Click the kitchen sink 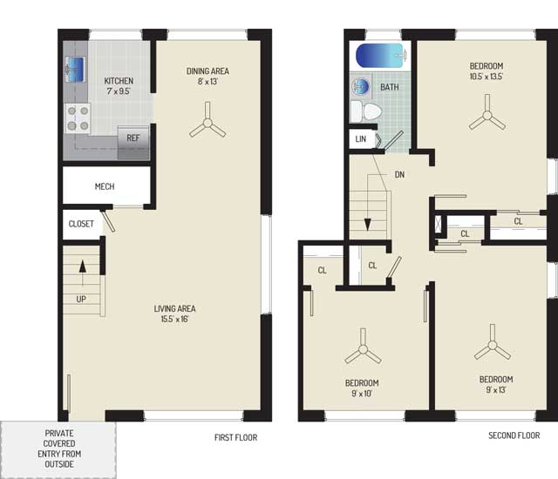pos(75,70)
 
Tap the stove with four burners pos(78,118)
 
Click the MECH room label pos(105,186)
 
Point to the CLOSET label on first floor pos(81,224)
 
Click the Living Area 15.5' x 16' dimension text pos(174,319)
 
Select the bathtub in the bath pos(381,56)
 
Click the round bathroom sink pos(361,86)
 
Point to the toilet pos(366,111)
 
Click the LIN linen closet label pos(360,139)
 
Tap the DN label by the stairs pos(399,174)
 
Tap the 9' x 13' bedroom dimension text pos(496,390)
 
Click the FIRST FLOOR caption pos(235,437)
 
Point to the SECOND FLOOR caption pos(514,435)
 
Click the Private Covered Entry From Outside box pos(58,449)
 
